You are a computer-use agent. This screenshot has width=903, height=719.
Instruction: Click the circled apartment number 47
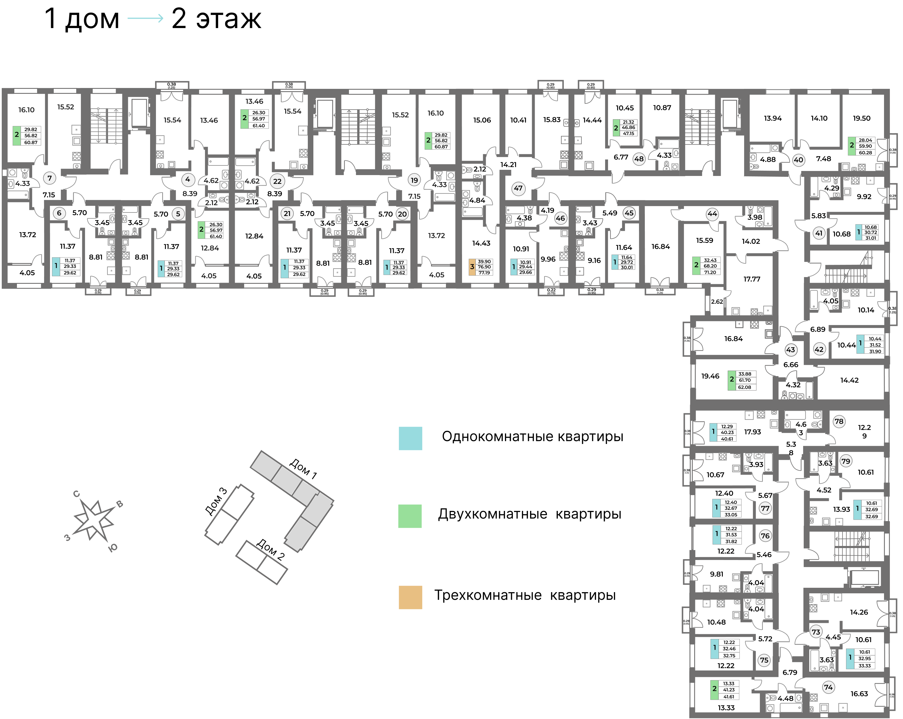(x=518, y=188)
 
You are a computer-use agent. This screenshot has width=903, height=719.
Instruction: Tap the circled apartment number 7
(x=49, y=178)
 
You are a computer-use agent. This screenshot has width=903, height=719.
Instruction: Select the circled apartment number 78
(x=839, y=421)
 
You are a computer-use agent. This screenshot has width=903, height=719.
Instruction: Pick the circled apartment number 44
(x=712, y=214)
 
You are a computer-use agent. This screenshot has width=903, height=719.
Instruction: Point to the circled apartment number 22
(x=277, y=182)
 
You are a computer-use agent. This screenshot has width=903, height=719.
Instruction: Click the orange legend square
(x=410, y=597)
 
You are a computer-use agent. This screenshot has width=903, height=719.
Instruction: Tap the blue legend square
(x=410, y=438)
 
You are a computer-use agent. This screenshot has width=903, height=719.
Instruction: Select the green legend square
(x=410, y=516)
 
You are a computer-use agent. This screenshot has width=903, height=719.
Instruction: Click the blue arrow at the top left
(x=145, y=18)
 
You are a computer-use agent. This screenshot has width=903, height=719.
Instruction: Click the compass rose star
(x=94, y=520)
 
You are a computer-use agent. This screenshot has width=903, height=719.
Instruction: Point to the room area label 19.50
(x=862, y=118)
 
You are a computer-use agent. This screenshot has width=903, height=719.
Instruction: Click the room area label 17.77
(x=752, y=279)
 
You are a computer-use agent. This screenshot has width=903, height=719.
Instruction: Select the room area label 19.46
(x=710, y=376)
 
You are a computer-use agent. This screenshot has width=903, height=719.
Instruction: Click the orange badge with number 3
(x=472, y=267)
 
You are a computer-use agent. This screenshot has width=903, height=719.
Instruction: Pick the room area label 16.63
(x=859, y=694)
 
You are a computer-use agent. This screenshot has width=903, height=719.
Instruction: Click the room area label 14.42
(x=849, y=380)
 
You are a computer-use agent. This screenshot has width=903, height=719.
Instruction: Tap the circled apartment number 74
(x=828, y=687)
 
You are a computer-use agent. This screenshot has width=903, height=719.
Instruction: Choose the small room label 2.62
(x=717, y=301)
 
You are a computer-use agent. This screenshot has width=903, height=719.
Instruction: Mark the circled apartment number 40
(x=798, y=160)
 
